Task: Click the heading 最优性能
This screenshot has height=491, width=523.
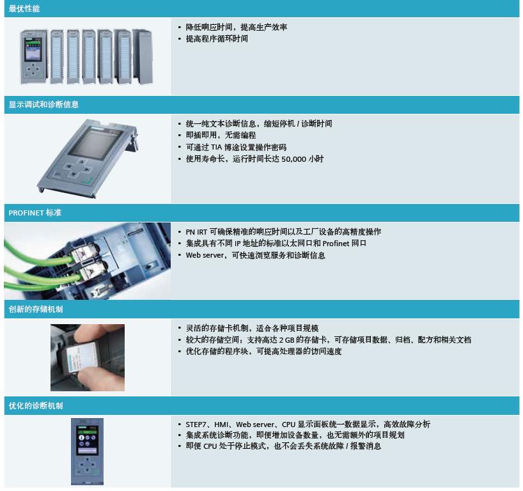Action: pos(24,9)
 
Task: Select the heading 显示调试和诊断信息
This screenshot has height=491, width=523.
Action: pos(43,104)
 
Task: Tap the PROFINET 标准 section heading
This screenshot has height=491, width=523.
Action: pos(35,212)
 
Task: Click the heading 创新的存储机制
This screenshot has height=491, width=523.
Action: pos(36,309)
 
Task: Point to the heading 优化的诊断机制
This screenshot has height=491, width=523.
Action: pos(36,405)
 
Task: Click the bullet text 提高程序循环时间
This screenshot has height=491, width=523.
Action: pos(217,39)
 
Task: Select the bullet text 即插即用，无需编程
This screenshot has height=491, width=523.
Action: pos(221,135)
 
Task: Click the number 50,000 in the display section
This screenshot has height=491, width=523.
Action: pos(294,159)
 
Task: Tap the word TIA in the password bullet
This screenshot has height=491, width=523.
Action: pos(216,147)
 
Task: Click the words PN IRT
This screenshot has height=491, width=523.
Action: pos(196,232)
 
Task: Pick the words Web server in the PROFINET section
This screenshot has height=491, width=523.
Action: pos(205,255)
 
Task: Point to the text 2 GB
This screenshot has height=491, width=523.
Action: pos(286,340)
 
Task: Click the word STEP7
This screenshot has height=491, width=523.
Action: pos(196,425)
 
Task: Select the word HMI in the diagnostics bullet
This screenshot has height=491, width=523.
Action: pos(221,425)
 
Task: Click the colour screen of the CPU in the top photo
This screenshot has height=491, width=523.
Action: pos(33,49)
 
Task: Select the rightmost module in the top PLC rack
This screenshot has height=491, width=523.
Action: pos(143,56)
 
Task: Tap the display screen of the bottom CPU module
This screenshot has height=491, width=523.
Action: pos(87,440)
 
